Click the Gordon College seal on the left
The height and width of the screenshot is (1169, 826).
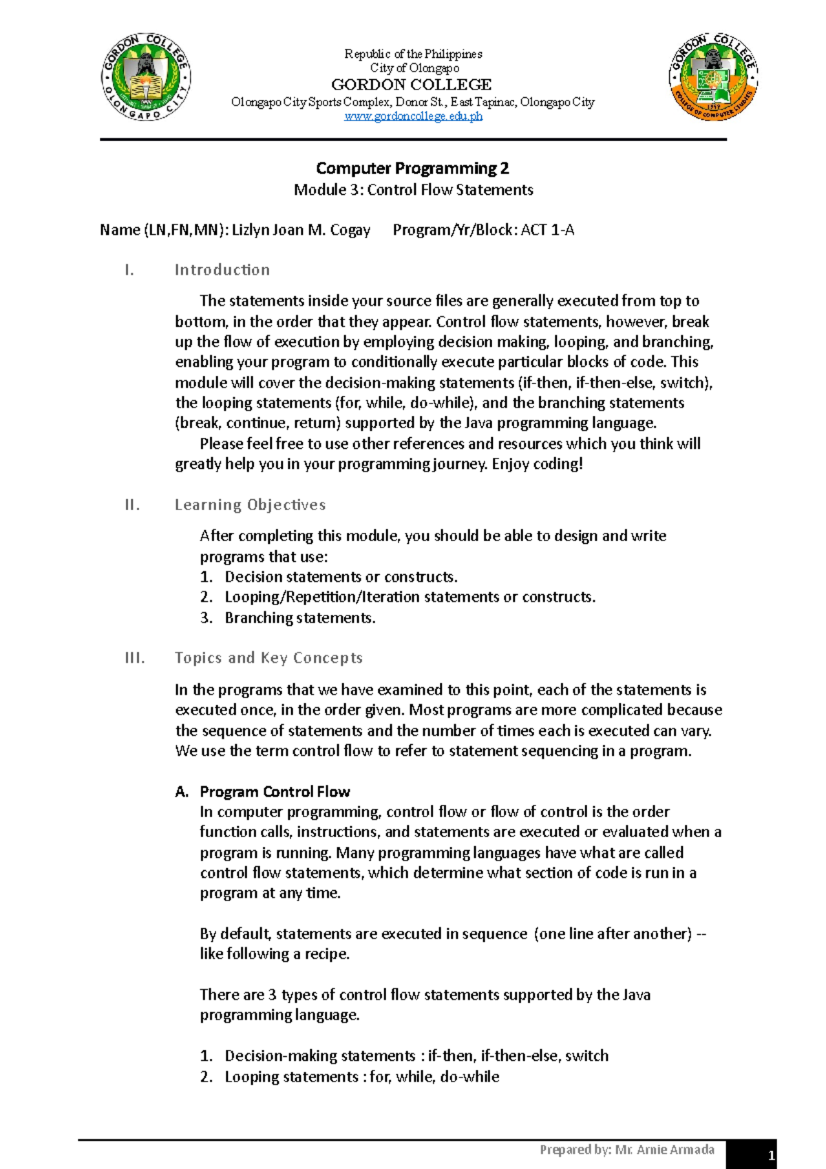tap(146, 77)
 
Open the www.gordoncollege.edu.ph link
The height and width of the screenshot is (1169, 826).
tap(413, 116)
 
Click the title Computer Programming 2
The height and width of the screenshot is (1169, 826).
tap(412, 168)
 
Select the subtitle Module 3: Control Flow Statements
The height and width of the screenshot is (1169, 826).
tap(413, 190)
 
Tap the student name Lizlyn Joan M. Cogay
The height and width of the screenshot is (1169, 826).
tap(301, 230)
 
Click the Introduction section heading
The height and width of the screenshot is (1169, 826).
tap(222, 270)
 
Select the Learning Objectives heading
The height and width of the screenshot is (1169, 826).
tap(250, 505)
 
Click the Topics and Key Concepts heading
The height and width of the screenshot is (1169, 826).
tap(268, 657)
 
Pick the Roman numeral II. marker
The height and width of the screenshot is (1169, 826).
tap(132, 505)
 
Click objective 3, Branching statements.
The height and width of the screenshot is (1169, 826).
tap(299, 618)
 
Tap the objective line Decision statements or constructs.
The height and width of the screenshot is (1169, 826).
tap(341, 577)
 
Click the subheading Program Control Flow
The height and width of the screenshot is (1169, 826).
tap(275, 792)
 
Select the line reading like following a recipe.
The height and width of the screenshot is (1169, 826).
tap(275, 954)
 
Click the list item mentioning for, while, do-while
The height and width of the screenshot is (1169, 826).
tap(361, 1077)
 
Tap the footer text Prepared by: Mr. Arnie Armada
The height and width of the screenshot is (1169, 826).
tap(626, 1149)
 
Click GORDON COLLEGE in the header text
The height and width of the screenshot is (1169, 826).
tap(412, 85)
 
